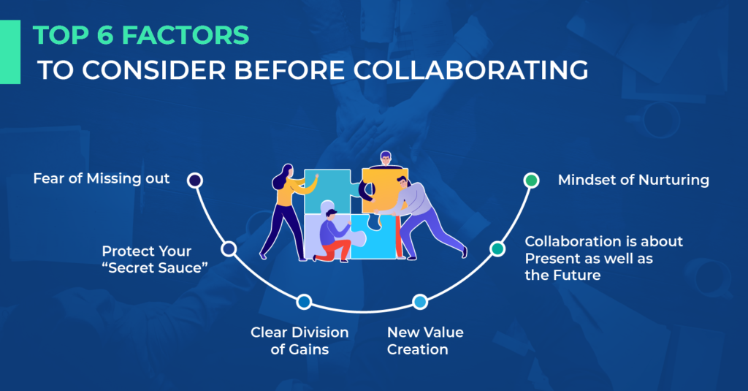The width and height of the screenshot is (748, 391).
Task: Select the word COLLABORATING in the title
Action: tap(468, 71)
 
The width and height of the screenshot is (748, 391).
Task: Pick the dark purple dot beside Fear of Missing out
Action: tap(194, 180)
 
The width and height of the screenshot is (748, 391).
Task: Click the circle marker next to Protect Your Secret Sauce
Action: tap(229, 249)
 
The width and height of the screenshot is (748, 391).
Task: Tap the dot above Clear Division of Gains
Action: tap(304, 301)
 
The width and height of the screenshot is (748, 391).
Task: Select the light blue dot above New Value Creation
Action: tap(419, 301)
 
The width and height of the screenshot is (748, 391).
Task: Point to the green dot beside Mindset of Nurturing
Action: tap(531, 180)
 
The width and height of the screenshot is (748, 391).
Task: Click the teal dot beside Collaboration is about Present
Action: tap(497, 249)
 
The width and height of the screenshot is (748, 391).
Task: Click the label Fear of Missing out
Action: tap(102, 178)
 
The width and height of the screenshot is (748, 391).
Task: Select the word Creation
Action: tap(417, 350)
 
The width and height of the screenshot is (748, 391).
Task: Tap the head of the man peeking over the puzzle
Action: tap(386, 159)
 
